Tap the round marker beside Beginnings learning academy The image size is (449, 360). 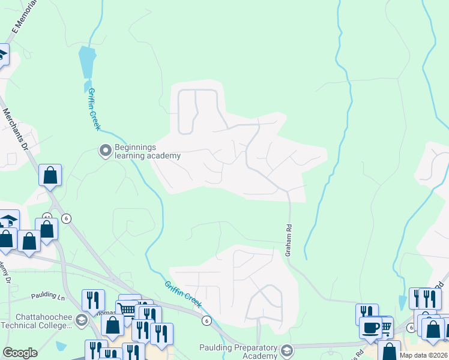[106, 150]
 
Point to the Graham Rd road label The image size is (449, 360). [288, 241]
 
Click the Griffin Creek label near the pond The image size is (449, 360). [94, 108]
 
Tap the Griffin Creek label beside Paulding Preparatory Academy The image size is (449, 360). [183, 294]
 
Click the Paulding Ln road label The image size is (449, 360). [47, 296]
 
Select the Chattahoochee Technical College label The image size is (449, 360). [36, 320]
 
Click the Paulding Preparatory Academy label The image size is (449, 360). [239, 351]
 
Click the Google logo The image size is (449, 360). [20, 353]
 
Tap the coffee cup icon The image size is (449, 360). [371, 327]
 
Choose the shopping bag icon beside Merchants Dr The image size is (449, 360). [50, 175]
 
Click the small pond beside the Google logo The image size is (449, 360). [61, 346]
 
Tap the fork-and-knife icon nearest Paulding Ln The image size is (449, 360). [93, 300]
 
